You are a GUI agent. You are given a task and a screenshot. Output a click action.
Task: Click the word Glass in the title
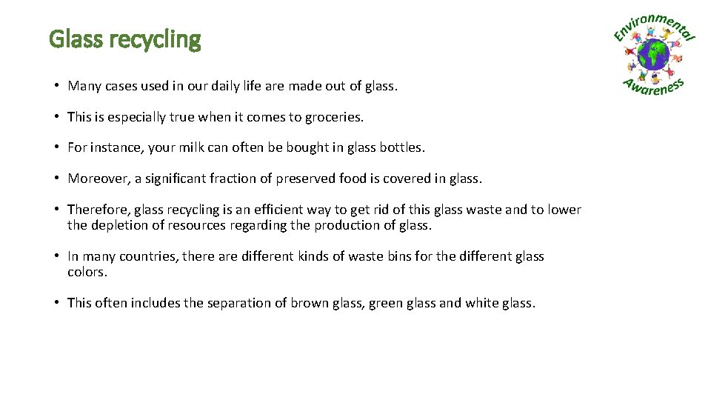[77, 39]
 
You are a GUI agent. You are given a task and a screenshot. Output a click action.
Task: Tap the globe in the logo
[653, 55]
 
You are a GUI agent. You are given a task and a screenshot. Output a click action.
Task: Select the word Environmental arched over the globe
[655, 27]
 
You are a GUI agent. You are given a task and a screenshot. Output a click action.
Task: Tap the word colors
[87, 272]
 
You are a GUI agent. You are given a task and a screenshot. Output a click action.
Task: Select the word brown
[308, 303]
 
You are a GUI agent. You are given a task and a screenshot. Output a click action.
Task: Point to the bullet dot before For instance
[56, 147]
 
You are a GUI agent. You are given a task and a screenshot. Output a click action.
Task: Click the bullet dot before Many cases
[56, 86]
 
